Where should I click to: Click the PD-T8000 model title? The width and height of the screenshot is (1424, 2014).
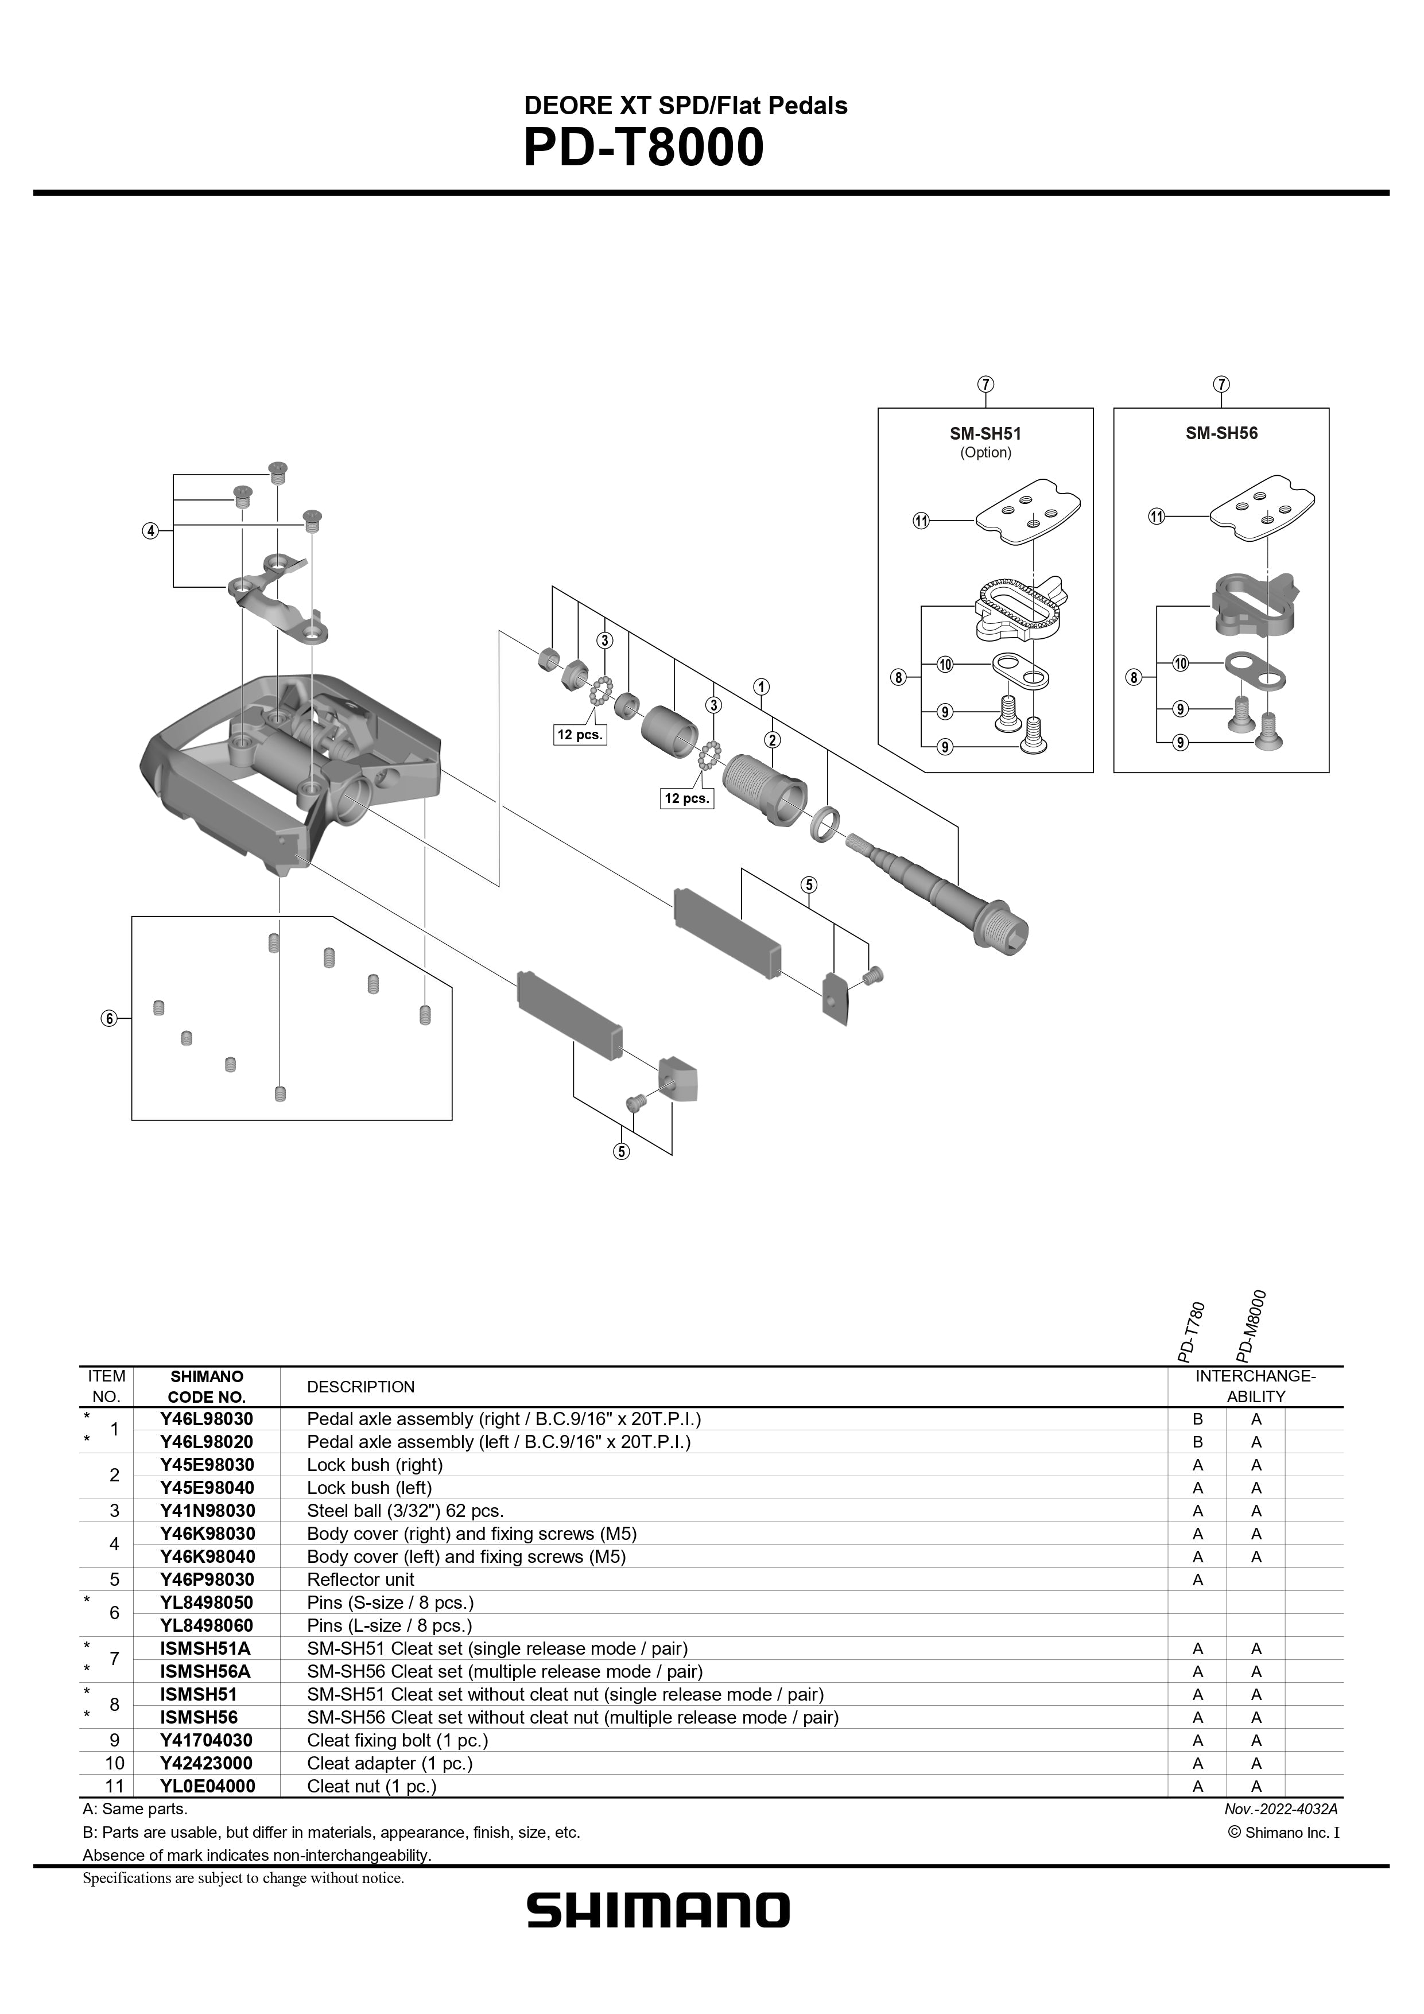tap(643, 148)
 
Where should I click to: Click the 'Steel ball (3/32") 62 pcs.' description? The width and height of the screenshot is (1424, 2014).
tap(405, 1511)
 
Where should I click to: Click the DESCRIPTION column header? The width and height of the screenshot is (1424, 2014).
tap(360, 1387)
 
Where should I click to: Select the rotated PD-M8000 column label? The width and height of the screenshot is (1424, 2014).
tap(1255, 1325)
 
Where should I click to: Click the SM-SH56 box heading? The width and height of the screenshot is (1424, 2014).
tap(1221, 433)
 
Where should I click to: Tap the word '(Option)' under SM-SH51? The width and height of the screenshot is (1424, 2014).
tap(985, 453)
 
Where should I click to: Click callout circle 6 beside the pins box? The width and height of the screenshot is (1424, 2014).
tap(109, 1018)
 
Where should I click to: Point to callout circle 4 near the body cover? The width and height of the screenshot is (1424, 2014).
tap(151, 531)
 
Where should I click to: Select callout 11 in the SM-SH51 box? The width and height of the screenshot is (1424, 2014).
tap(921, 521)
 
